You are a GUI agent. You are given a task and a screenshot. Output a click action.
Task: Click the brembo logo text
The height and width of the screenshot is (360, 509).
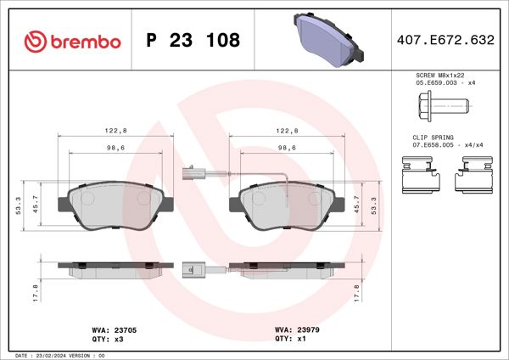point(72,40)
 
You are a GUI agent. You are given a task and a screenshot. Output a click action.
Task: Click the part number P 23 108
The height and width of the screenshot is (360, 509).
point(193,40)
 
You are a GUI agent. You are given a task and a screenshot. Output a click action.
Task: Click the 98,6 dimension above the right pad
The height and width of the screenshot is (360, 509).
point(288,146)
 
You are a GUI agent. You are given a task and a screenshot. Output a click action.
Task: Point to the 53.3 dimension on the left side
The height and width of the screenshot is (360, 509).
point(20,204)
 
